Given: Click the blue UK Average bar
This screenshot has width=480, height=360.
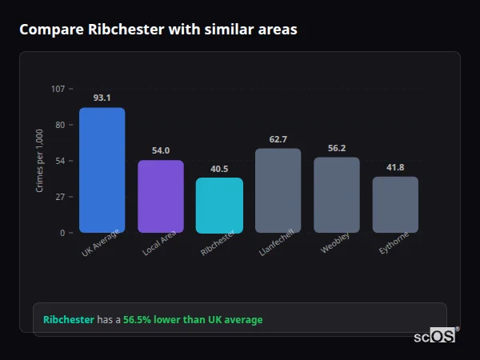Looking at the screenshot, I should tap(102, 170).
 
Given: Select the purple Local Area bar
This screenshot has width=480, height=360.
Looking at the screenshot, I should tap(161, 197).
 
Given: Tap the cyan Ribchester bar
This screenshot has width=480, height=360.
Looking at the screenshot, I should tap(219, 206).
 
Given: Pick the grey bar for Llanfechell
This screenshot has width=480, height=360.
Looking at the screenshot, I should tap(278, 190).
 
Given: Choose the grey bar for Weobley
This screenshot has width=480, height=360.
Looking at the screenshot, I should tap(337, 195).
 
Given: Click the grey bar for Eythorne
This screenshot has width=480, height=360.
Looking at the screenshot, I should tap(395, 205).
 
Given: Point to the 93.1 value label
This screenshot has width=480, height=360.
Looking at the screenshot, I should tap(102, 98).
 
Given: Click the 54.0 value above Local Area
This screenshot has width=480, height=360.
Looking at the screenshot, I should tap(161, 150).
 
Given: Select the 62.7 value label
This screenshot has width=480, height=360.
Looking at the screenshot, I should tap(278, 139).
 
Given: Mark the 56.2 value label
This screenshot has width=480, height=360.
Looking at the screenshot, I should tap(337, 148).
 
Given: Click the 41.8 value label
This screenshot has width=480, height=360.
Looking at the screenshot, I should tap(395, 167).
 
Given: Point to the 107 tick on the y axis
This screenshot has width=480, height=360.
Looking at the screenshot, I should tap(58, 89).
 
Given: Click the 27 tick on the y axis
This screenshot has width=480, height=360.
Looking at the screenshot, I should tap(60, 197).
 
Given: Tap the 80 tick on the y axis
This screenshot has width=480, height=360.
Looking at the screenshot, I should tap(60, 125).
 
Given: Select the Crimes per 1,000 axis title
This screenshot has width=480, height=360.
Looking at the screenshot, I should tap(40, 161).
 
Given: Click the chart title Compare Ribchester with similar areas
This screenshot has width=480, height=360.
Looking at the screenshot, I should tap(158, 30).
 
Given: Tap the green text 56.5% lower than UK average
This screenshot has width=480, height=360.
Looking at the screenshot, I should tap(193, 319).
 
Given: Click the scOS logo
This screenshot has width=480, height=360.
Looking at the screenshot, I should tap(435, 337).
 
